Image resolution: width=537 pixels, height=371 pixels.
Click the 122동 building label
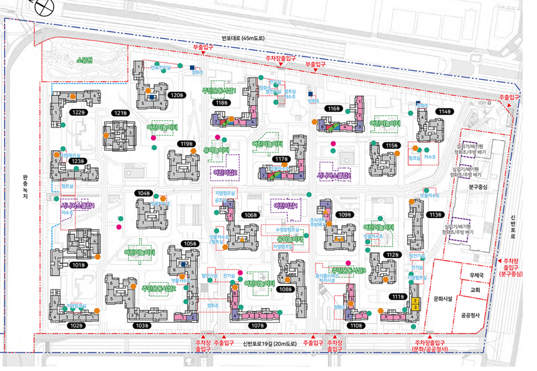[x=78, y=112]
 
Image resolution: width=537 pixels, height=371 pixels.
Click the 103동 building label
[x=143, y=326]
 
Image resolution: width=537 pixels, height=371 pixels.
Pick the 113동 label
[x=436, y=215]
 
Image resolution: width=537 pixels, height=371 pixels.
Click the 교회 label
[x=475, y=290]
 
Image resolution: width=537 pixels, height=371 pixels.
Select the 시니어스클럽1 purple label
[x=77, y=205]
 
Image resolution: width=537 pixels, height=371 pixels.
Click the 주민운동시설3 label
[x=348, y=270]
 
